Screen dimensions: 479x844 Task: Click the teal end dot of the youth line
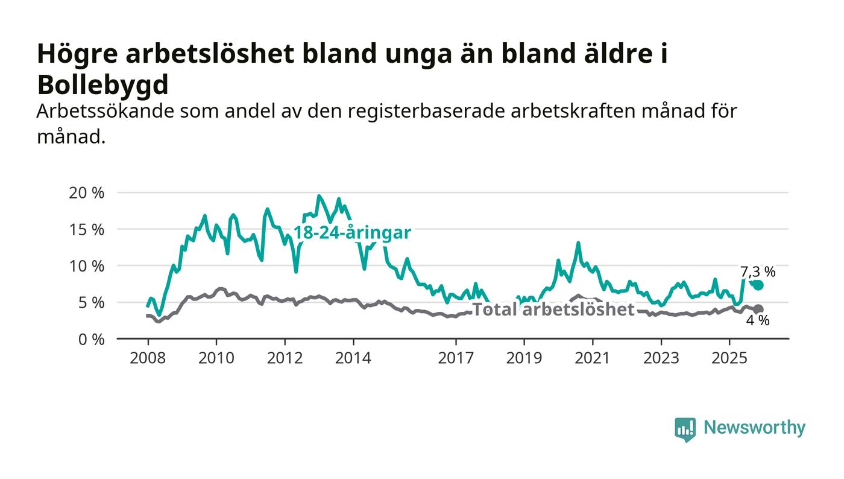click(758, 285)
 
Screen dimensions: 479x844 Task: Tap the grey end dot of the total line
click(758, 309)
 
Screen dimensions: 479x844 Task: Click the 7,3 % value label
click(758, 271)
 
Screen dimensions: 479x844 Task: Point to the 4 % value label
click(758, 321)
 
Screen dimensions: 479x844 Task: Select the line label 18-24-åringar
click(352, 233)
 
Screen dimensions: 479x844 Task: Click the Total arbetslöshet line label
click(553, 309)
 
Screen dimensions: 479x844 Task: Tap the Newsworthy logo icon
click(685, 429)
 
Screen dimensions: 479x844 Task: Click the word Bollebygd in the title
click(102, 85)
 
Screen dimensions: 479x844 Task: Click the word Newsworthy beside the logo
click(754, 428)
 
